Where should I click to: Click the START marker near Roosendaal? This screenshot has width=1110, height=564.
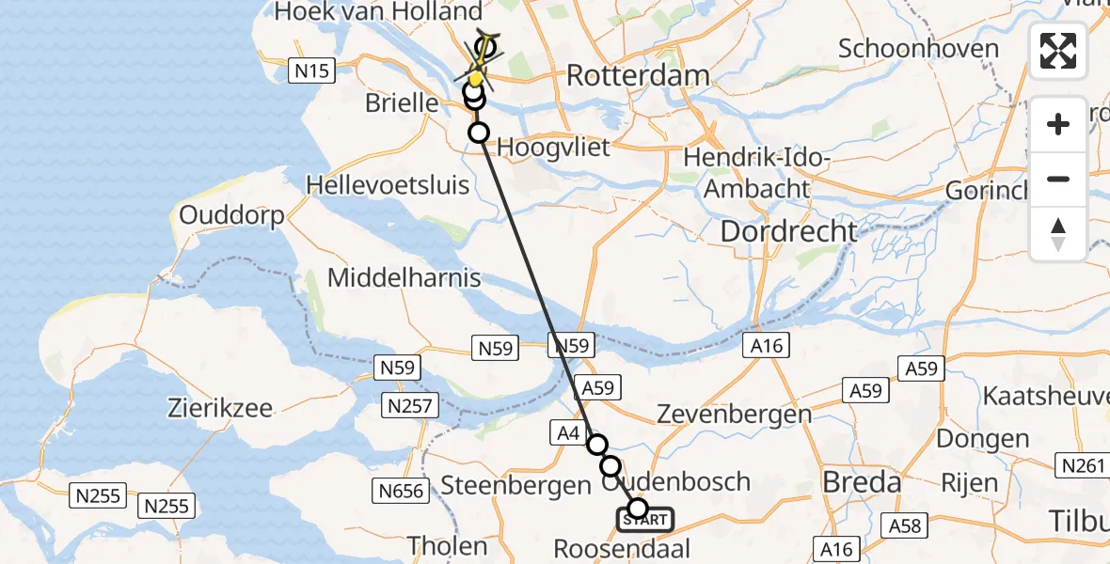point(645,519)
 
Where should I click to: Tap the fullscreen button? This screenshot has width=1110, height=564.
point(1058,51)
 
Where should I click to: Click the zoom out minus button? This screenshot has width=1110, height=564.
point(1058,179)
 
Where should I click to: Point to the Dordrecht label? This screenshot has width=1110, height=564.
point(789,231)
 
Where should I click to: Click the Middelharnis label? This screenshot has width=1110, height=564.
point(404,278)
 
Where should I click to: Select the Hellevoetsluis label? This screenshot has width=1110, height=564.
point(388,184)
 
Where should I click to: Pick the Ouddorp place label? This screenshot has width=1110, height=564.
point(231,216)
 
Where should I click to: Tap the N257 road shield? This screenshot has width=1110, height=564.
point(407,405)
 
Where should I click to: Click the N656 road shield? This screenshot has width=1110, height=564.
point(401,490)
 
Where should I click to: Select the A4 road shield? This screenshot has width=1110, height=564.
point(566,431)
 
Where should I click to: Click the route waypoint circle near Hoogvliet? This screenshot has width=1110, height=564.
point(479,133)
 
